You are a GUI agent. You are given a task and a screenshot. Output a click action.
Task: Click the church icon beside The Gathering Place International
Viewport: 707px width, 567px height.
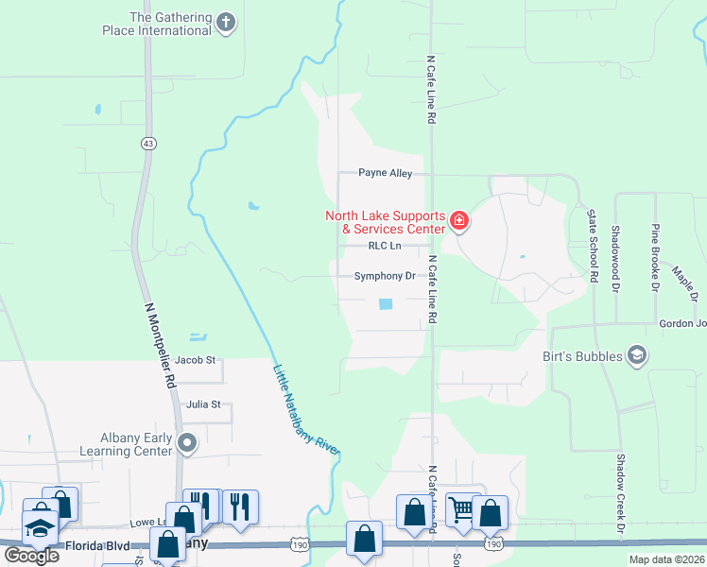click(x=226, y=23)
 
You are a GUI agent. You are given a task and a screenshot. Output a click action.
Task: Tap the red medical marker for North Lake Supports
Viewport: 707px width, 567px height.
click(x=459, y=222)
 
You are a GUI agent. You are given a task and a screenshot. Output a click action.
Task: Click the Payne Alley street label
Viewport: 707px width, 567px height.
click(x=385, y=173)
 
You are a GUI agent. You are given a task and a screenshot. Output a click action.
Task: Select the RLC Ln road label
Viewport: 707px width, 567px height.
click(x=385, y=246)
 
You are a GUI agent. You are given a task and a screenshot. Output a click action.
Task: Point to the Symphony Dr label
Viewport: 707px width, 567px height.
click(x=385, y=277)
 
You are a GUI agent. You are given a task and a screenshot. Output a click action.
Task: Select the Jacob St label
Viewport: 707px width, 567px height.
click(x=196, y=360)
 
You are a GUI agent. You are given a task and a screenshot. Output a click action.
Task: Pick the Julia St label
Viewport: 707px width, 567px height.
click(x=203, y=404)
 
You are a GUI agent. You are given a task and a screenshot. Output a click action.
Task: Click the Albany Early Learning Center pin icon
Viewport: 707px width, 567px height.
click(x=188, y=442)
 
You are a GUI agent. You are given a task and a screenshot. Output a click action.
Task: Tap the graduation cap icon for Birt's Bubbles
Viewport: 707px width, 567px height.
click(x=637, y=355)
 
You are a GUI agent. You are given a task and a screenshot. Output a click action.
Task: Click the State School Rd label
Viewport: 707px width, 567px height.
click(x=594, y=248)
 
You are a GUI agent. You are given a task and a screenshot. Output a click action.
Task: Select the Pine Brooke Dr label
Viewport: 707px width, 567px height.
click(x=654, y=256)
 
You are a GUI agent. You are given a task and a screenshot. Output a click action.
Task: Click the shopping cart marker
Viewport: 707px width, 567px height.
click(x=461, y=510)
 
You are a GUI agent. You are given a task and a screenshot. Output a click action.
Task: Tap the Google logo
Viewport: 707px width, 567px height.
click(x=31, y=555)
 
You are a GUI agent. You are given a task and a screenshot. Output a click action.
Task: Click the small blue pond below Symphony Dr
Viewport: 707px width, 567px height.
click(x=386, y=304)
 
